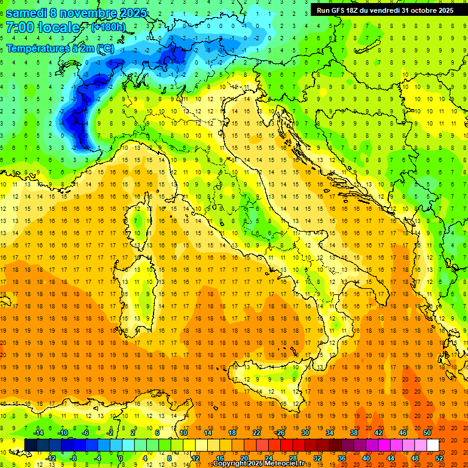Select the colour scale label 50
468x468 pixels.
pyautogui.click(x=427, y=433)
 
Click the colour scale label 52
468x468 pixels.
pyautogui.click(x=440, y=458)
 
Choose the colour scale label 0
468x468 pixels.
pyautogui.click(x=121, y=458)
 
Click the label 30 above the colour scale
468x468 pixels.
pyautogui.click(x=305, y=433)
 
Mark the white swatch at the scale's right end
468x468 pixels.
pyautogui.click(x=433, y=445)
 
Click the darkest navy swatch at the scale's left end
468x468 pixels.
pyautogui.click(x=30, y=445)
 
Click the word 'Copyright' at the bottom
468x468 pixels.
pyautogui.click(x=229, y=464)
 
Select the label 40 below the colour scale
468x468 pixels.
pyautogui.click(x=366, y=458)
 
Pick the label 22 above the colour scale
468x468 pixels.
pyautogui.click(x=257, y=433)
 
